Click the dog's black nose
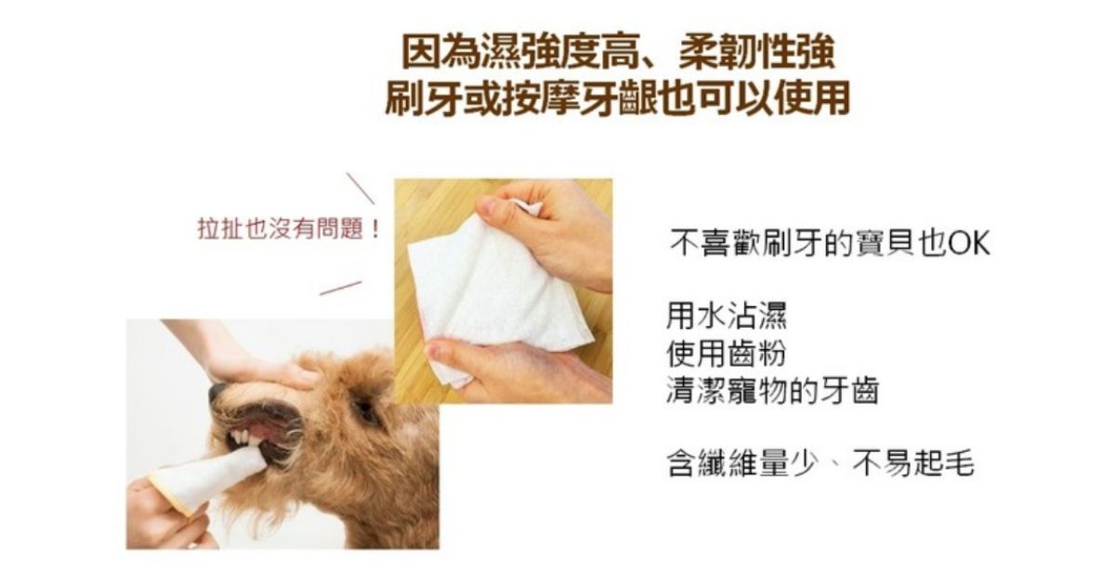(x=218, y=392)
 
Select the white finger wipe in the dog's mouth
(x=209, y=478)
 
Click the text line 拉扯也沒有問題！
(x=289, y=228)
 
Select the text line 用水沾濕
(x=727, y=317)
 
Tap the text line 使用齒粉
(x=727, y=353)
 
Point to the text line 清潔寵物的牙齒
(x=772, y=391)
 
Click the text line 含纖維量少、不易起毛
(x=820, y=463)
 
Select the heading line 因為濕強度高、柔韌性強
(x=618, y=52)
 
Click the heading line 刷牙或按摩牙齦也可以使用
(x=618, y=98)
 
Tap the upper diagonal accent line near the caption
(x=361, y=188)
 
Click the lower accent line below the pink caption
(x=340, y=288)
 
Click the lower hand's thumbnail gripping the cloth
(x=434, y=352)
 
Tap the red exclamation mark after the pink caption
(x=375, y=229)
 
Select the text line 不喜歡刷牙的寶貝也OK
(x=831, y=243)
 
